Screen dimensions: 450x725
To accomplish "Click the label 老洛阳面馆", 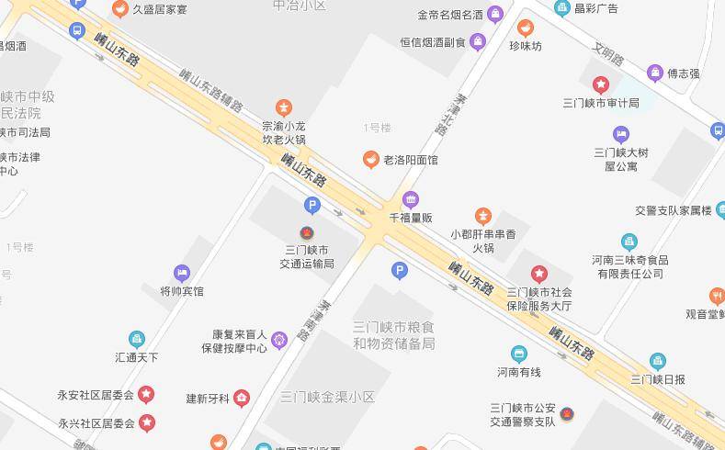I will (411, 160).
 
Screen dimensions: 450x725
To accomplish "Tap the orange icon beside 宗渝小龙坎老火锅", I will (284, 107).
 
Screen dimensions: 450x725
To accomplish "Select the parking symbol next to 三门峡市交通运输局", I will (312, 206).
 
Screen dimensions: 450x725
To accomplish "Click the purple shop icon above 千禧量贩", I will (411, 199).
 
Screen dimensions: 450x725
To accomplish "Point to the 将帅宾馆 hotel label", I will (182, 291).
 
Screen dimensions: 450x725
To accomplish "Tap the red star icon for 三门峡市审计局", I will (601, 85).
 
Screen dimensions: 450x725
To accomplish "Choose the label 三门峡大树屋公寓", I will (621, 159).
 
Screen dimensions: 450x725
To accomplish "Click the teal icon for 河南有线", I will (519, 354).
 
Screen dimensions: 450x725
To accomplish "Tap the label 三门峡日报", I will (658, 378).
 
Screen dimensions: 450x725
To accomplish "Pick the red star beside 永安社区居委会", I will (146, 395).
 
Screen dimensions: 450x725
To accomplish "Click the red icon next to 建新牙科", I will (242, 398).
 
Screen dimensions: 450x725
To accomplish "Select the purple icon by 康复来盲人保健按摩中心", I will (279, 340).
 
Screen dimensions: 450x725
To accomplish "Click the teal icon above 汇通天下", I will (137, 339).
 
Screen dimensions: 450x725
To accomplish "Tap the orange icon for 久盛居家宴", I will (119, 9).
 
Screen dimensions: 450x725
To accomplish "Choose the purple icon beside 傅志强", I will (655, 73).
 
